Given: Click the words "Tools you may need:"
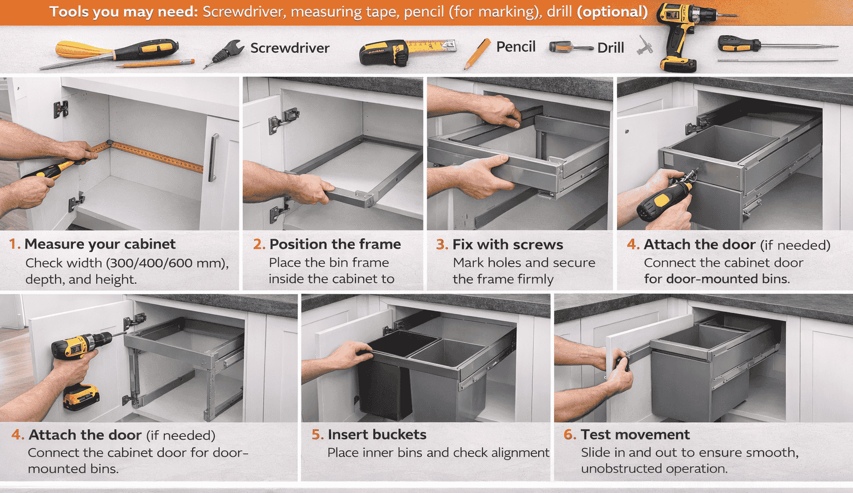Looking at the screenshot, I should [123, 12].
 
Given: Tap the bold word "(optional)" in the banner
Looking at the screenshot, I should [612, 12].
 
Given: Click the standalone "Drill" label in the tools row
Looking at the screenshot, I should [610, 48].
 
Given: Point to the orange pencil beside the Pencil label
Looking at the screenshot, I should [477, 53].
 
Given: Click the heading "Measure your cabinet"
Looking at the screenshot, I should [99, 244].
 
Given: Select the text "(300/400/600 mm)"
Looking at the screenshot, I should [167, 263].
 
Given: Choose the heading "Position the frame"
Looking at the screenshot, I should [335, 244].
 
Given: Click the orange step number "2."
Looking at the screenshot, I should [258, 244].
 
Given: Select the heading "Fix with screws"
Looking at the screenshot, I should [508, 245].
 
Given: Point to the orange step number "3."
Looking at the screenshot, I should [441, 245].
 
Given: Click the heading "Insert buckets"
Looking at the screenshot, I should [377, 435].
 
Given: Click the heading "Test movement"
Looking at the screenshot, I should [635, 435].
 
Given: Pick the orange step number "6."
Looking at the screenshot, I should [570, 435].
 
